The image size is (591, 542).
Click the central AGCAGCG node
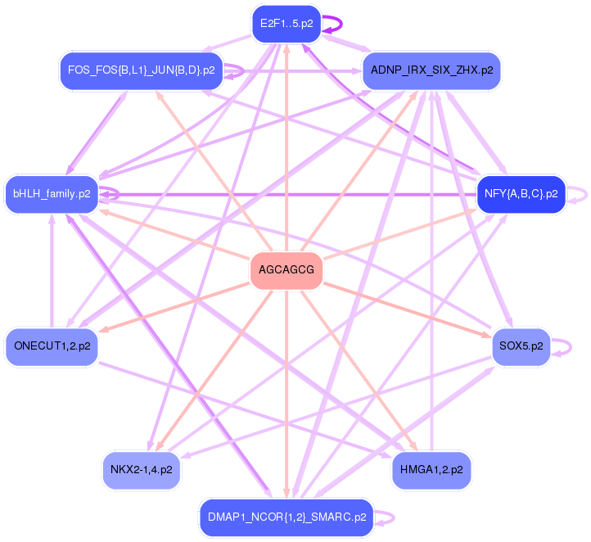tap(286, 269)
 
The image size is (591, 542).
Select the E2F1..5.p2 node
tap(286, 24)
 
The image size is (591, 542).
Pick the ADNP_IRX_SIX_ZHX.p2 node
tap(431, 70)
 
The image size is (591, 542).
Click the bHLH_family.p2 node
tap(51, 194)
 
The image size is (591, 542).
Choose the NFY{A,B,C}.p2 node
tap(521, 194)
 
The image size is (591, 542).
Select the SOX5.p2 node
tap(521, 346)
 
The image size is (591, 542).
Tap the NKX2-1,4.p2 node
tap(141, 470)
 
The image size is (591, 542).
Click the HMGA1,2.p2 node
tap(431, 470)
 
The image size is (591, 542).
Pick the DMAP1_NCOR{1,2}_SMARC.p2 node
tap(286, 517)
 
